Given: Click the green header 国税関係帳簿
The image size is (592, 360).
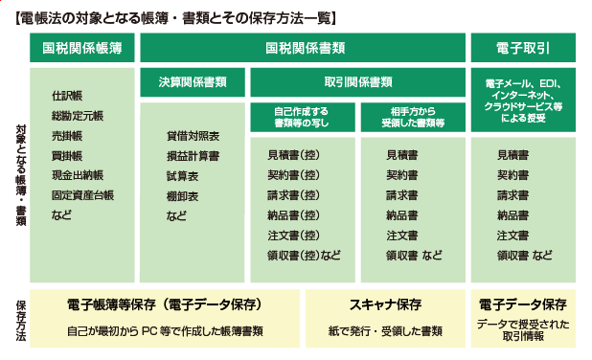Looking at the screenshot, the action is point(81,48).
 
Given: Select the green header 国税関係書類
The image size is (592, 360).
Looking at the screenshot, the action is point(305,48).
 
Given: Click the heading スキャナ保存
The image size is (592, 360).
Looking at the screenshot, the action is point(387,304).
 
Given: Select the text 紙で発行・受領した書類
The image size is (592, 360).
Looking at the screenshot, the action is point(387,330).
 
